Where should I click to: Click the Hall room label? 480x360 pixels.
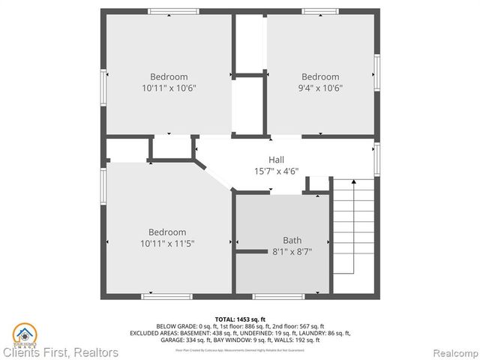tap(276, 159)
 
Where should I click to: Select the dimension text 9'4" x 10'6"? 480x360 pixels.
tap(320, 88)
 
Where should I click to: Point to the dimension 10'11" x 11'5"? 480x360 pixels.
tap(167, 244)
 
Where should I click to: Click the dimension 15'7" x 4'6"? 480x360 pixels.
tap(276, 170)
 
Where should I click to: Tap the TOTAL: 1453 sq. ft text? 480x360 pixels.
tap(240, 318)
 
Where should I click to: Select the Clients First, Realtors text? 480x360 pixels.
tap(60, 352)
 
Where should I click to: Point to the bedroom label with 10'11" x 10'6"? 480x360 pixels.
tap(169, 76)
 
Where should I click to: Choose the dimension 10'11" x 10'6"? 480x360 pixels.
tap(169, 88)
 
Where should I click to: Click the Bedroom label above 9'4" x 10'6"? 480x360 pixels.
tap(320, 76)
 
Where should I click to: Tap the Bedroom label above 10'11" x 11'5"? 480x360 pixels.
tap(167, 232)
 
